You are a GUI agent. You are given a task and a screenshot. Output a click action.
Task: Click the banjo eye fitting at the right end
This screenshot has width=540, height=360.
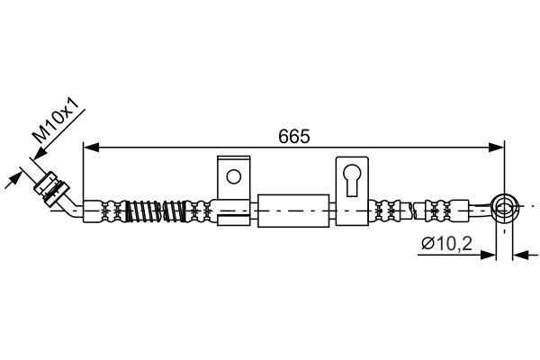(505, 211)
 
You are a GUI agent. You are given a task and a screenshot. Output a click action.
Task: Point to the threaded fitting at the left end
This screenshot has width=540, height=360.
(53, 187)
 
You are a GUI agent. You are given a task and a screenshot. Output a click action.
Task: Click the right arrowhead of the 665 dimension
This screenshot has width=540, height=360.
(499, 147)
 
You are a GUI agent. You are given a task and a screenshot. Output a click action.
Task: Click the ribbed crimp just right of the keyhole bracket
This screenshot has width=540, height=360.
(389, 211)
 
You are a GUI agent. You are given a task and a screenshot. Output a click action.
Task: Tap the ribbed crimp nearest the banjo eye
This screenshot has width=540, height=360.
(454, 211)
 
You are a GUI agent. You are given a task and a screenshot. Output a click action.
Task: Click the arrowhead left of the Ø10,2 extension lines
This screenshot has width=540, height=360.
(491, 255)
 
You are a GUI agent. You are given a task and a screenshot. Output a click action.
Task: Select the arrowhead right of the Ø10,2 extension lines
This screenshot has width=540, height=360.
(518, 255)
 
